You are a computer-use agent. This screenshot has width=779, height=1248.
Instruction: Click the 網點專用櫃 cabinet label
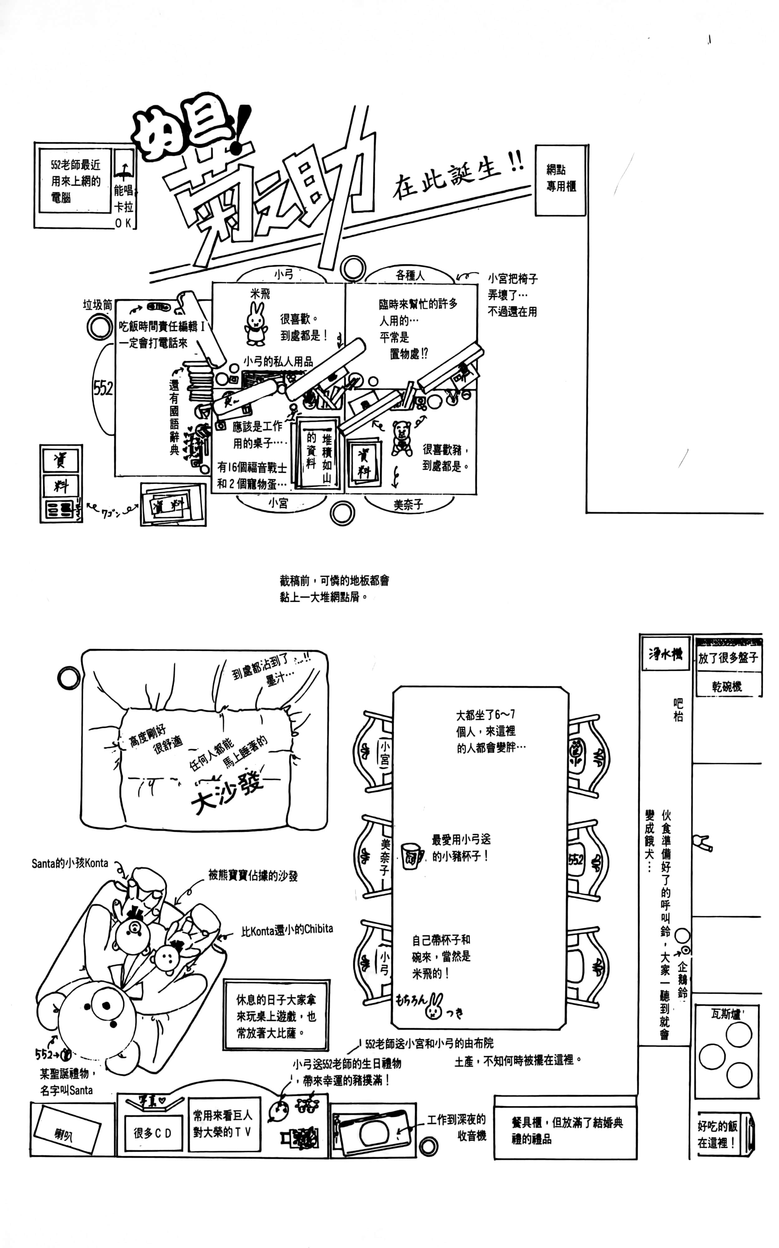(x=561, y=178)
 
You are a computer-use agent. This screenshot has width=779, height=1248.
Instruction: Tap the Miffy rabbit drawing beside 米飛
(x=255, y=324)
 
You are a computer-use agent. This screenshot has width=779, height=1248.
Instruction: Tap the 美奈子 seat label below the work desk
(x=408, y=505)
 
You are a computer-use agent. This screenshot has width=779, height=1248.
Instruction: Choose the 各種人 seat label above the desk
(x=410, y=275)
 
